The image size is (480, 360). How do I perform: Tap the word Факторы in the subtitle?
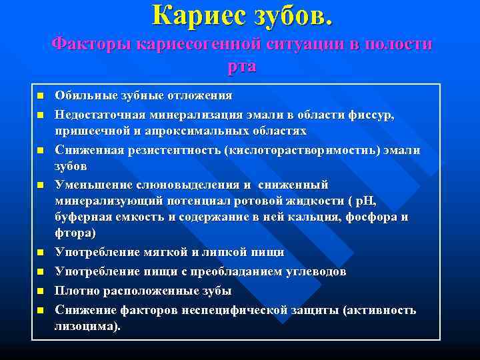[91, 45]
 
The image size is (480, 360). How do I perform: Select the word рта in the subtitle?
[241, 67]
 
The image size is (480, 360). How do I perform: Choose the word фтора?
[75, 233]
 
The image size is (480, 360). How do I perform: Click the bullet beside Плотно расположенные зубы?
[40, 291]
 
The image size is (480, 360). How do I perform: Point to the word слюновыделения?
[177, 185]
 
